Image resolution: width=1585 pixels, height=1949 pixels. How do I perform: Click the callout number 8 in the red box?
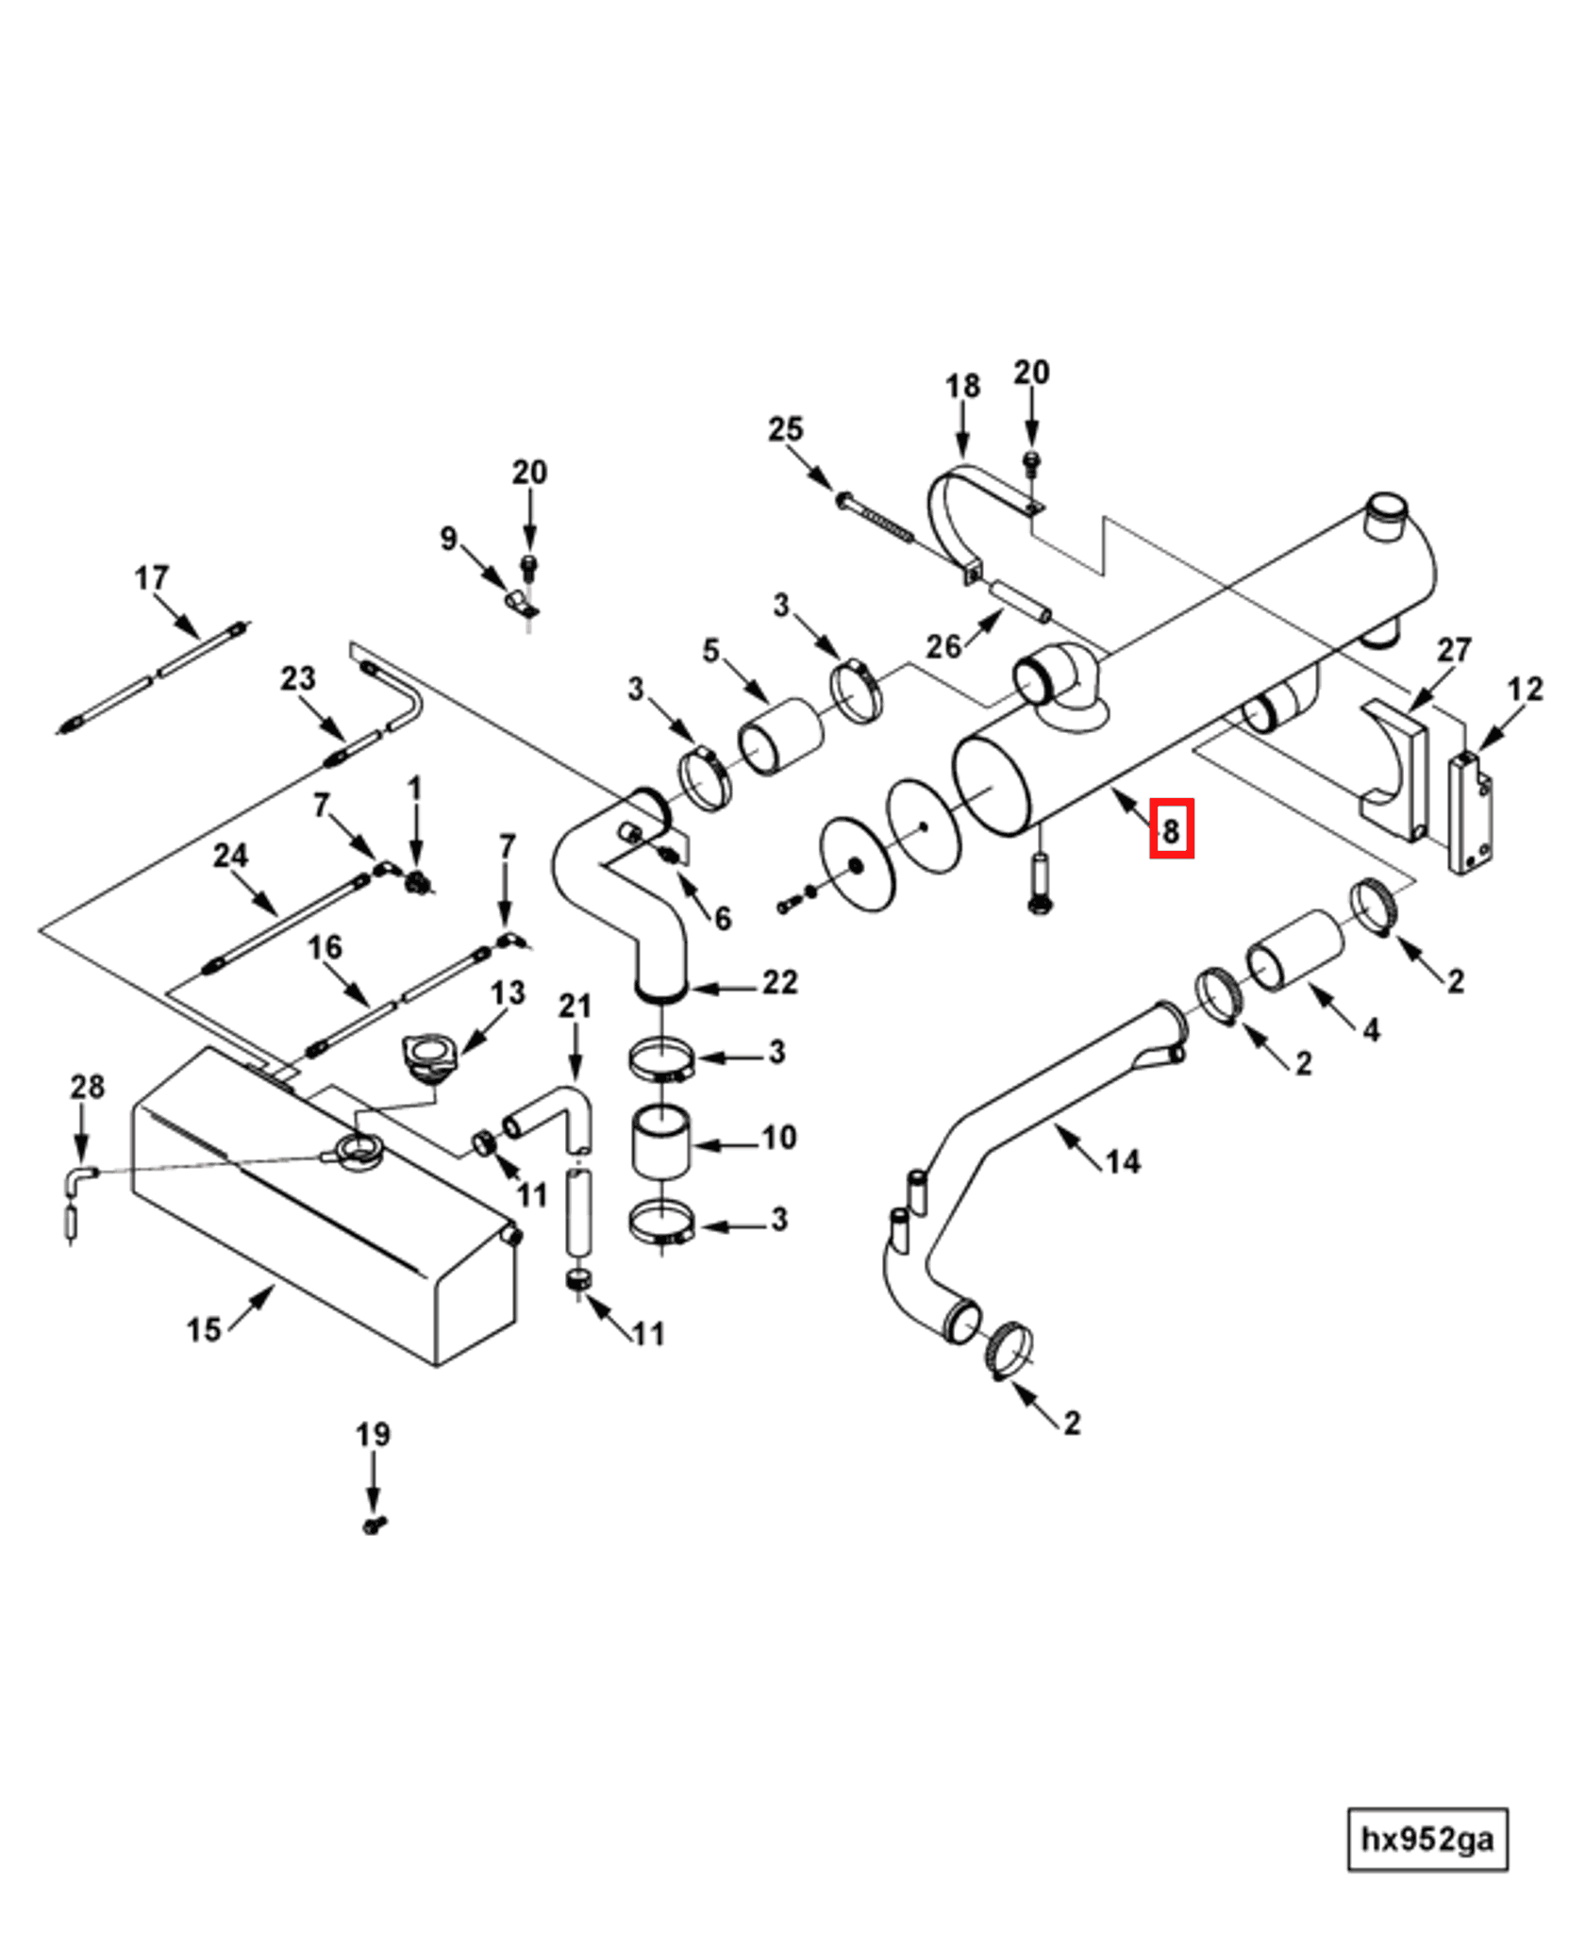point(1171,830)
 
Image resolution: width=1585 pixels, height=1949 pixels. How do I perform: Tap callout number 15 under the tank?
point(203,1329)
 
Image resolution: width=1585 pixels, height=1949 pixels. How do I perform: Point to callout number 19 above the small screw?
point(373,1434)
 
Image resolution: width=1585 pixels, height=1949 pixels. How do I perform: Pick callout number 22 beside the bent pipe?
point(779,982)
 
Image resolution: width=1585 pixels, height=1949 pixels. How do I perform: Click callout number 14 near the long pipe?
point(1123,1161)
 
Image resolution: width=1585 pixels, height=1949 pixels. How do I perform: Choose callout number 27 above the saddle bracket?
point(1453,650)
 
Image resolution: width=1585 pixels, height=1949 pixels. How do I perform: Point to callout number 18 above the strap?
point(962,386)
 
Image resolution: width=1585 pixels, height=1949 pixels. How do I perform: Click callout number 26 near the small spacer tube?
point(943,646)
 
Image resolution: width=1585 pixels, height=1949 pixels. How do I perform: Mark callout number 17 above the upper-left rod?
point(152,577)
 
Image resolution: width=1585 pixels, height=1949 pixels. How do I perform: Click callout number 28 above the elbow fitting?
point(87,1086)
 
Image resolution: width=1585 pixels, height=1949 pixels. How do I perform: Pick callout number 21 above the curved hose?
point(575,1006)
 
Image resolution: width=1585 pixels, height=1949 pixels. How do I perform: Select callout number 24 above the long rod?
point(230,855)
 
